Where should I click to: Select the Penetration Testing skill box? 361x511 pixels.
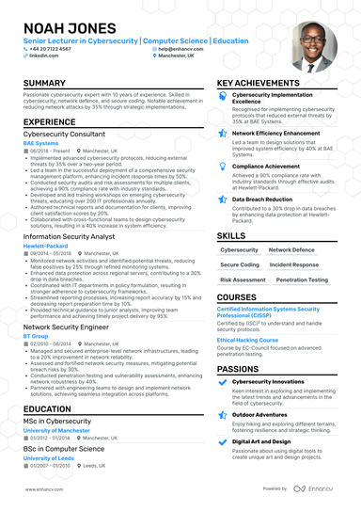pyautogui.click(x=303, y=279)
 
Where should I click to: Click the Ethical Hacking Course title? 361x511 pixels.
pyautogui.click(x=247, y=340)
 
